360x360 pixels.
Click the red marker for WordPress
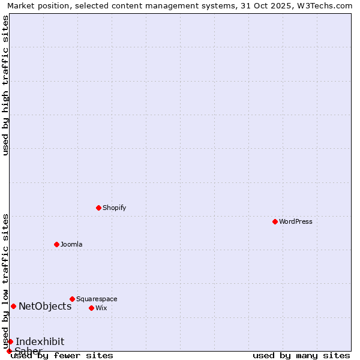coord(275,221)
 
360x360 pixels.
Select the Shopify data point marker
coord(99,208)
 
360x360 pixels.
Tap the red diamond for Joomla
coord(57,244)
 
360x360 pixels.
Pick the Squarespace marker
coord(73,299)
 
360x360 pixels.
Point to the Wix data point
coord(92,308)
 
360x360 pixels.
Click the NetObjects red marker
coord(13,306)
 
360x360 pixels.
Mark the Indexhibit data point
coord(10,341)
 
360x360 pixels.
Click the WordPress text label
coord(296,221)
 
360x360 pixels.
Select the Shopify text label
coord(115,208)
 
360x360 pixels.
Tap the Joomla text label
coord(71,244)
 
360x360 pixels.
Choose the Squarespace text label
coord(97,299)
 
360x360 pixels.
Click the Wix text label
coord(101,308)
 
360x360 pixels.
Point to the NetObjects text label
coord(45,306)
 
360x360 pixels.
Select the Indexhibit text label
coord(40,341)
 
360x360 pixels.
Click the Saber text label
coord(28,350)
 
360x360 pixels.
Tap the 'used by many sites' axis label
coord(301,355)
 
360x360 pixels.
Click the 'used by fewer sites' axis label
coord(62,355)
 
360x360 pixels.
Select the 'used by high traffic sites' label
coord(6,85)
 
